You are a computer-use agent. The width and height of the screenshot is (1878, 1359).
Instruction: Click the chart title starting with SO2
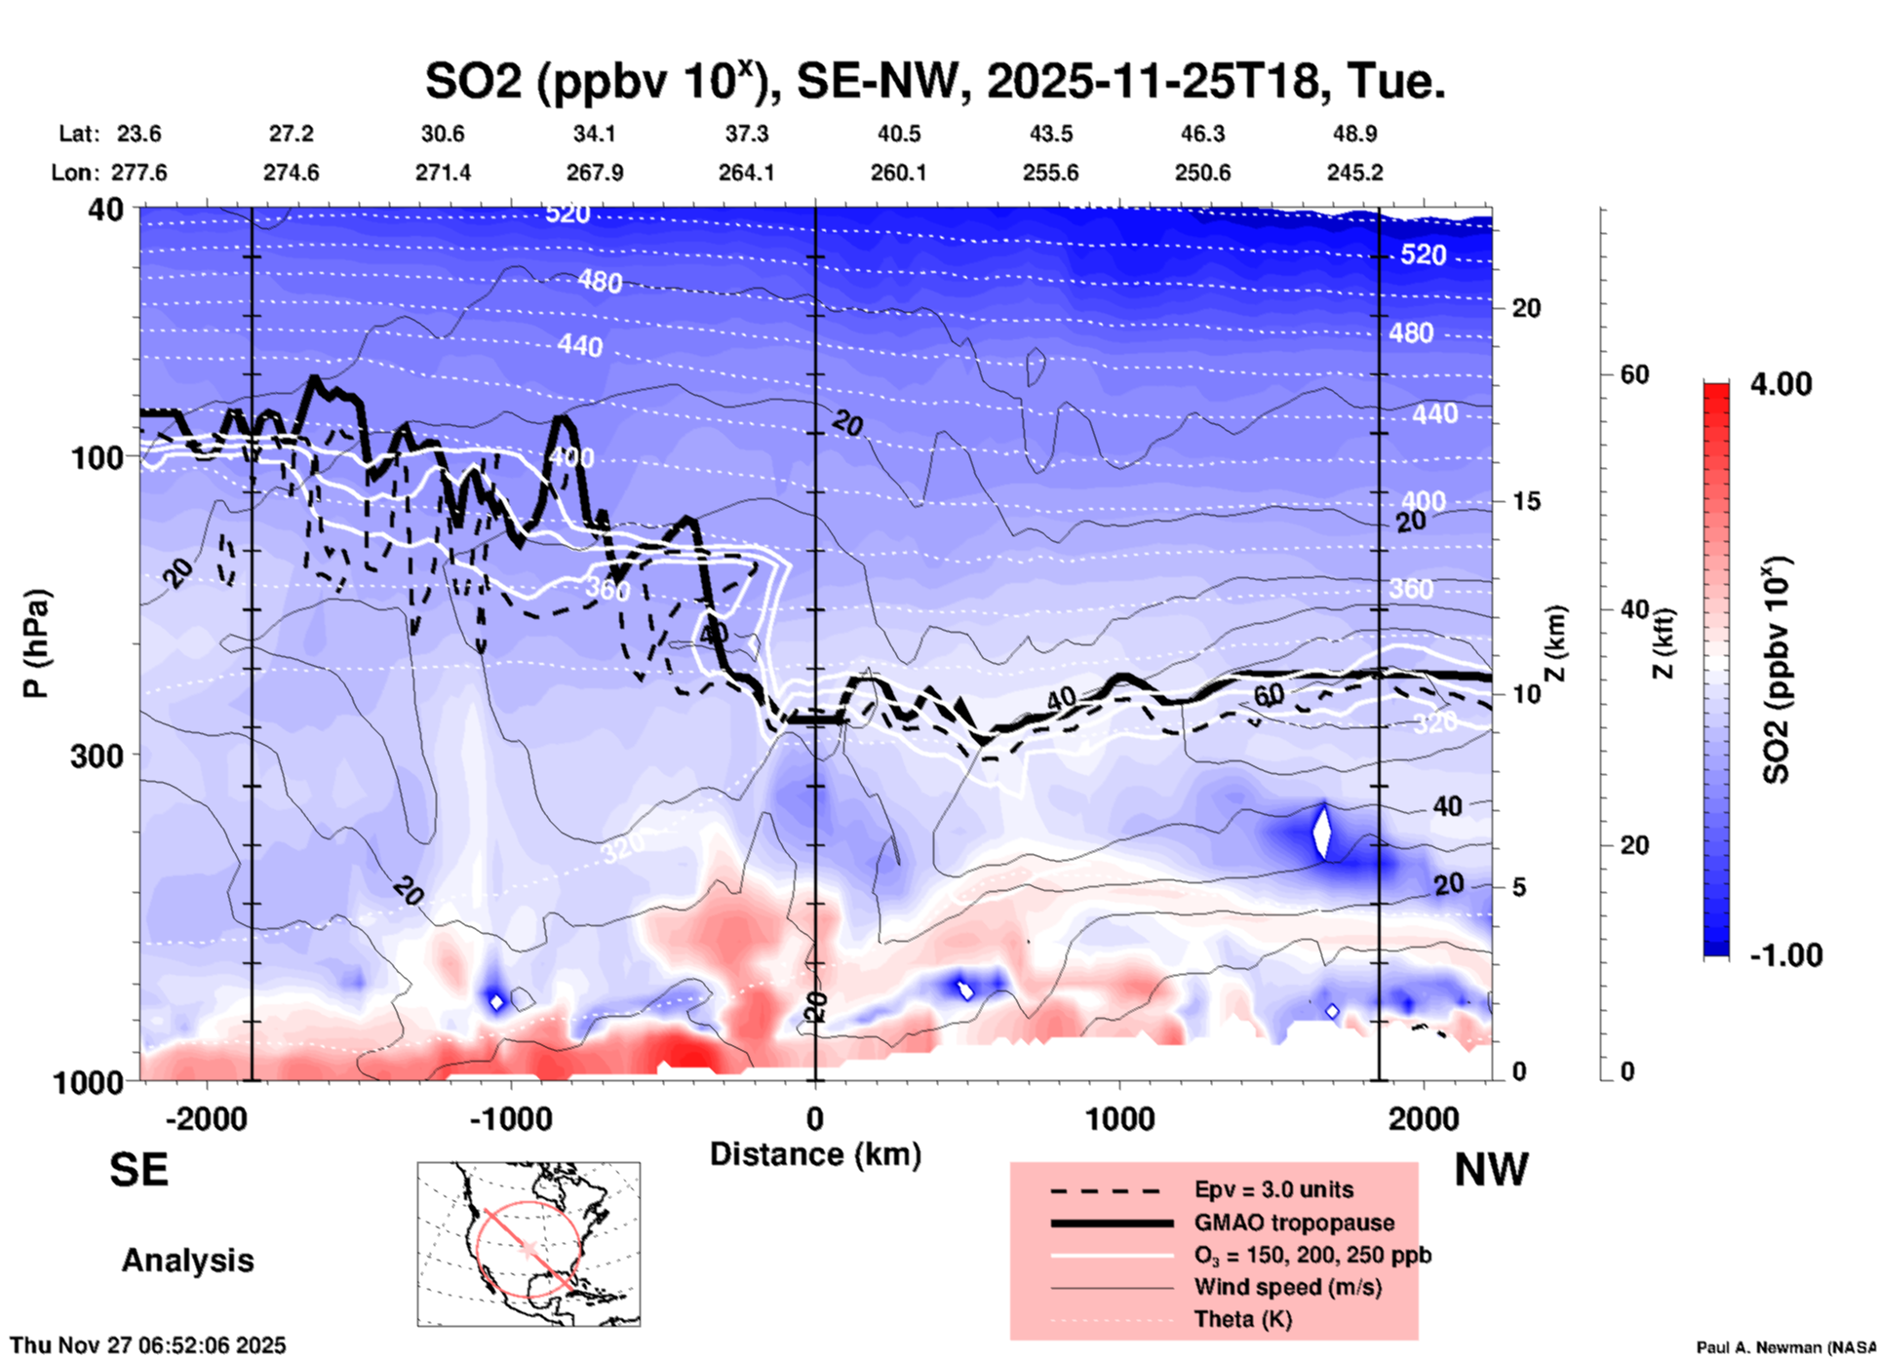[934, 81]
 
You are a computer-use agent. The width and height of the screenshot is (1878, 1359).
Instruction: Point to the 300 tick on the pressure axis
[97, 756]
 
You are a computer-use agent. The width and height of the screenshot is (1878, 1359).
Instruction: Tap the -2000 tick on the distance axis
[206, 1117]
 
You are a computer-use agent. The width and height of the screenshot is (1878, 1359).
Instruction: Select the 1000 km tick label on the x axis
[1119, 1117]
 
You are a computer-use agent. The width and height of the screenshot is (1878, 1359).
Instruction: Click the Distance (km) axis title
[815, 1154]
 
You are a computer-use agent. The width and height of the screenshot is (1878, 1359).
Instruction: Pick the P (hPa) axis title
[36, 643]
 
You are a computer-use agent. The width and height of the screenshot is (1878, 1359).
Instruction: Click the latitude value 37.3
[746, 134]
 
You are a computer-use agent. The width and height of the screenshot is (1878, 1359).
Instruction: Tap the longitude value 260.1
[898, 173]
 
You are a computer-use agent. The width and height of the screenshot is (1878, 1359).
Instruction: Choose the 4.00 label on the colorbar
[1780, 384]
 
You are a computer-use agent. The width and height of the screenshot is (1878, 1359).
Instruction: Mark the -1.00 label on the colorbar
[1784, 954]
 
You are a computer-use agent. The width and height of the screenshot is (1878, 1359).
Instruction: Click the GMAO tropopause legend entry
[1294, 1223]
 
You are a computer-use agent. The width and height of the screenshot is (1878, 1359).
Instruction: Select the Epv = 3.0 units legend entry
[1273, 1189]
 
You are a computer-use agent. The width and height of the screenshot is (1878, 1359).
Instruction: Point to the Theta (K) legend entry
[1242, 1319]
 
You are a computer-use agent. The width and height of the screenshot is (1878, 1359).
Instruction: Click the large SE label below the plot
[138, 1169]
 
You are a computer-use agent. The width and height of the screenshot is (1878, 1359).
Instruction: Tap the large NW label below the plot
[1491, 1169]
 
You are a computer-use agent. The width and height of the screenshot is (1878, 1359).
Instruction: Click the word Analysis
[187, 1261]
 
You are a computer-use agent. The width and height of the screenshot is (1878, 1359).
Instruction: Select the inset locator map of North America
[528, 1244]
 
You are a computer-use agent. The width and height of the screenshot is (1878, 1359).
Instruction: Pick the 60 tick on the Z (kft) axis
[1634, 374]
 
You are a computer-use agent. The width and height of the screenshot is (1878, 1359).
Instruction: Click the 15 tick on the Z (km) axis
[1526, 501]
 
